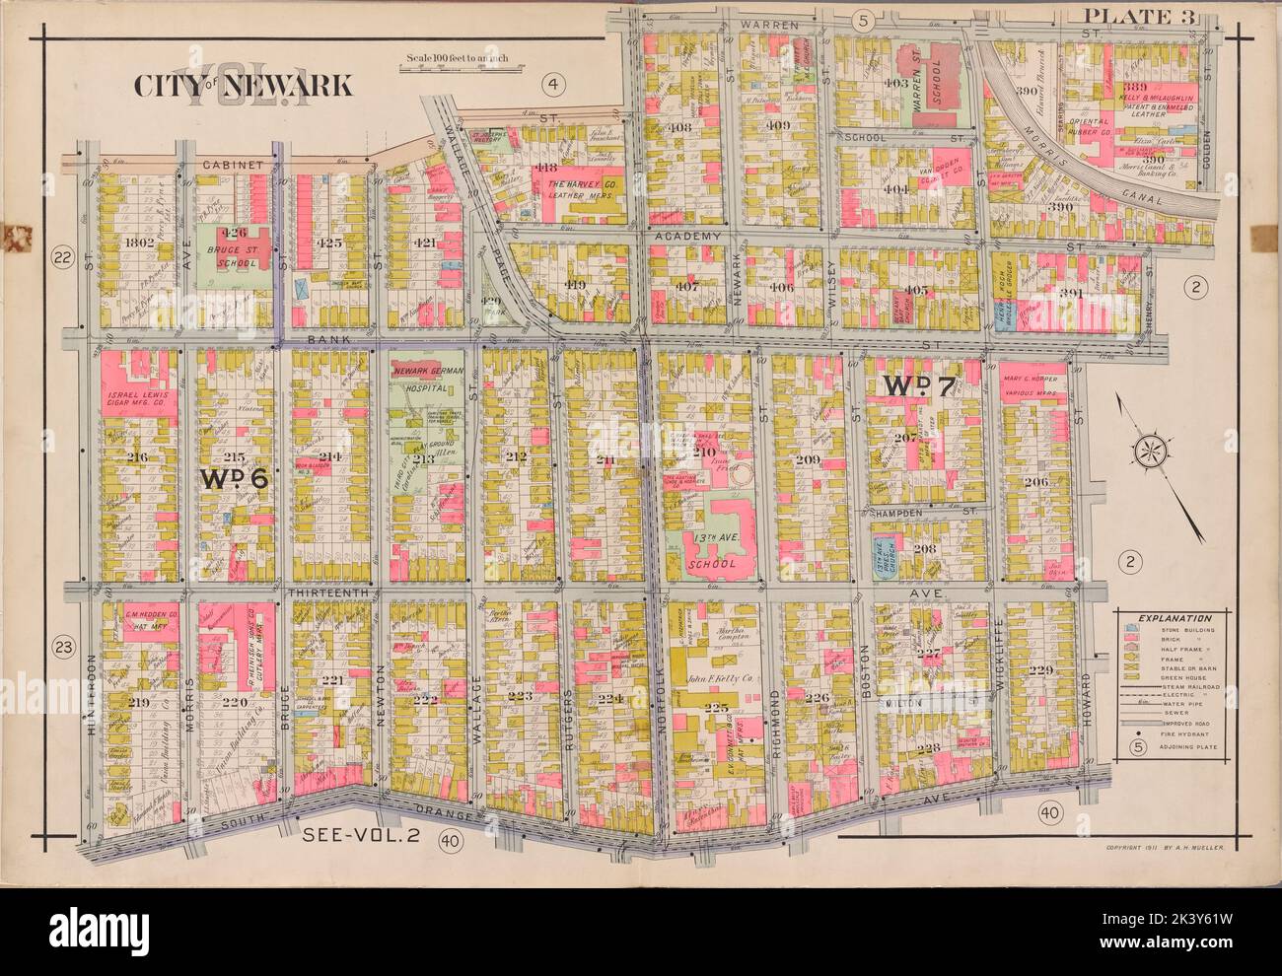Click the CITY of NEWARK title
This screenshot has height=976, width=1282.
click(x=243, y=86)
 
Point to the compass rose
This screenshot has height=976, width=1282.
click(x=1150, y=453)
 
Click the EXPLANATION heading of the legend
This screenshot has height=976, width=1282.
click(x=1170, y=617)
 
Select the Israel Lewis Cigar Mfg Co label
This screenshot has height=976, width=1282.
click(x=138, y=400)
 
